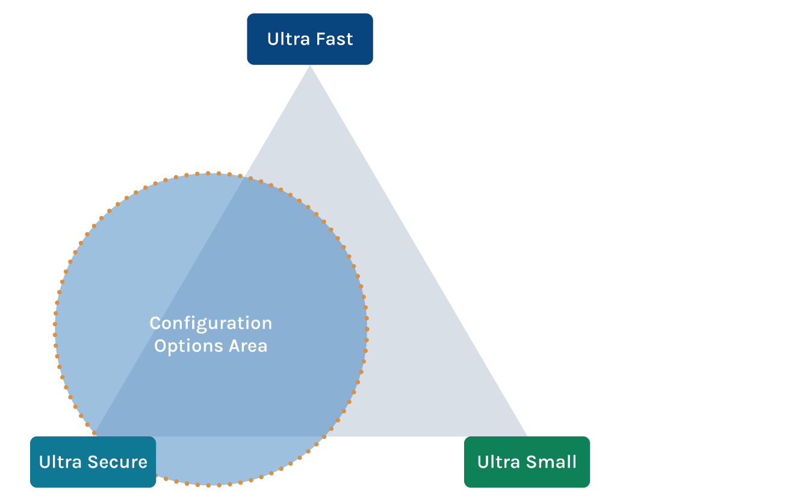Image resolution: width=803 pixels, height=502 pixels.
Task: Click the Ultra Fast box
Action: point(310,39)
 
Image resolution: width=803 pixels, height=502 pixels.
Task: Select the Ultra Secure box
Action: point(93,462)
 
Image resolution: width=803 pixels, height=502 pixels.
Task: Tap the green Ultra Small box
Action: point(527,462)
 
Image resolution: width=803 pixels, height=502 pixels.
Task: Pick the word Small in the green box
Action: point(551,462)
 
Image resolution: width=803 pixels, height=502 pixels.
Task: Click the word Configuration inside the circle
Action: point(211,323)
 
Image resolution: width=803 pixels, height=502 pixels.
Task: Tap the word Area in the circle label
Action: point(247,346)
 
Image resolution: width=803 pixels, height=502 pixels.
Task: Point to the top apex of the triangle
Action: point(310,67)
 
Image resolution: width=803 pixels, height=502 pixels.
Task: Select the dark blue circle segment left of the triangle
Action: point(120,289)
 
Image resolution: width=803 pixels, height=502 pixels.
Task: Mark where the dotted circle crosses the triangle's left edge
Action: point(243,177)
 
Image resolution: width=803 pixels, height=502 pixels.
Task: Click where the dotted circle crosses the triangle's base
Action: point(325,436)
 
